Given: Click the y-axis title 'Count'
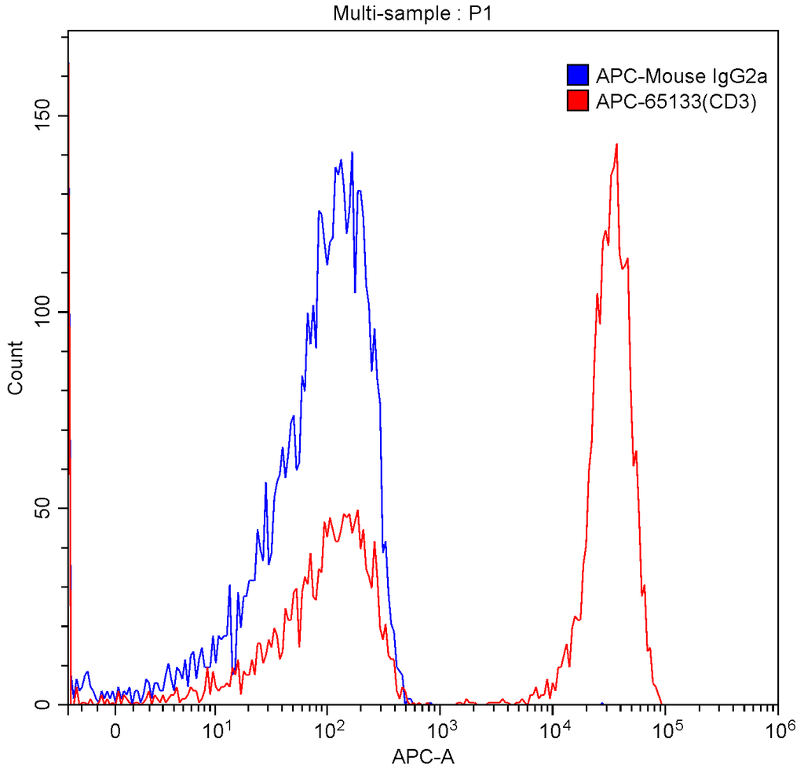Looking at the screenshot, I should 15,367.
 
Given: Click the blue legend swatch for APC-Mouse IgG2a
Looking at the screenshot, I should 577,76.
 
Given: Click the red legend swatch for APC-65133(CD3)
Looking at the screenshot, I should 577,101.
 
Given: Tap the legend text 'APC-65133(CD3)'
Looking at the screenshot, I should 665,101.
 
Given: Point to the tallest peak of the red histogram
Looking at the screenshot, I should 617,144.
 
